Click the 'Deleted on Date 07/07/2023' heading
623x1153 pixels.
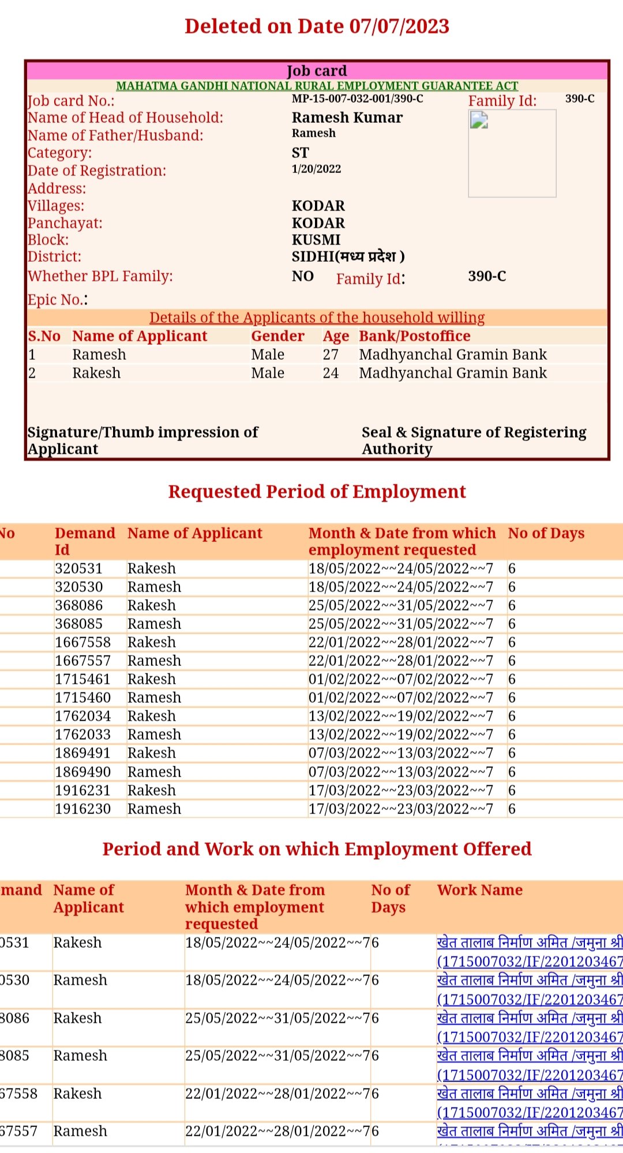[x=317, y=27]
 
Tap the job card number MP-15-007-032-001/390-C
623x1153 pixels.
[x=357, y=99]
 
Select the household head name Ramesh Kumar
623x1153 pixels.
[x=347, y=118]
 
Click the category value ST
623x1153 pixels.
[x=300, y=153]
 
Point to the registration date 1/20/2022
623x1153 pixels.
[x=316, y=169]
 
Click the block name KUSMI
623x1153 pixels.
[x=316, y=240]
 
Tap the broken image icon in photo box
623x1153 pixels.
[x=479, y=120]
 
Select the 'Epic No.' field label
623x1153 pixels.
[x=56, y=300]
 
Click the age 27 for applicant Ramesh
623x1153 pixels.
[x=331, y=355]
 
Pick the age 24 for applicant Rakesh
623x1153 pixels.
[x=331, y=373]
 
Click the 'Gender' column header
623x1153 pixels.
[x=277, y=336]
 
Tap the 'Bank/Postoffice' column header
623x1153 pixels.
[x=414, y=336]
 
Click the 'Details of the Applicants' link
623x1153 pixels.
[x=317, y=318]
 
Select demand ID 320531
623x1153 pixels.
[x=78, y=568]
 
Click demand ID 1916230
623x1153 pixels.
[x=82, y=809]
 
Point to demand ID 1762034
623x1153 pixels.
[x=82, y=716]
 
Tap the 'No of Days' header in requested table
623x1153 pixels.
[x=546, y=533]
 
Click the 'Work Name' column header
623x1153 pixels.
[x=479, y=890]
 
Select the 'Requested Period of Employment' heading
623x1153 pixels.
[x=317, y=492]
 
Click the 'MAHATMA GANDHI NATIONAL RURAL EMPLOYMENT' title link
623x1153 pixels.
[x=317, y=86]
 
